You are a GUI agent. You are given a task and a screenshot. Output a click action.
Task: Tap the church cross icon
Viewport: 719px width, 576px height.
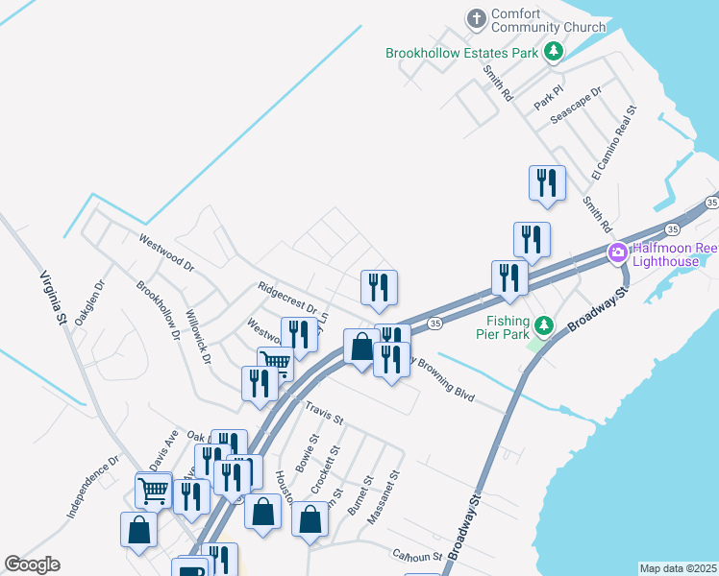point(476,18)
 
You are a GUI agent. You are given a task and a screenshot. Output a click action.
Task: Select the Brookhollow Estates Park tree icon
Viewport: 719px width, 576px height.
point(553,52)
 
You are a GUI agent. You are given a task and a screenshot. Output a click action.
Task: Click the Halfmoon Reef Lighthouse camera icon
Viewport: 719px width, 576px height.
point(617,254)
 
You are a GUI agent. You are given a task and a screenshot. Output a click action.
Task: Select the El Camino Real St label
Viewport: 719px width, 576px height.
point(615,143)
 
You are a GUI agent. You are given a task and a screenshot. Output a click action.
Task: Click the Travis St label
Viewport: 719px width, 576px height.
point(324,414)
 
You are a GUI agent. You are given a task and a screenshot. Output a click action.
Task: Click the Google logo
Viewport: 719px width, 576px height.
point(32,564)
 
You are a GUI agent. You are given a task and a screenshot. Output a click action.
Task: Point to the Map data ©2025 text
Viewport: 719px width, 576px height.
point(678,568)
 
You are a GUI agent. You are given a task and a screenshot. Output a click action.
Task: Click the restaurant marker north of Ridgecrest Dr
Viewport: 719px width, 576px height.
point(379,287)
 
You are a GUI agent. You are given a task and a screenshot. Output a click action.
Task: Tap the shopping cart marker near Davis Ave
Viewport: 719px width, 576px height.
point(153,491)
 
